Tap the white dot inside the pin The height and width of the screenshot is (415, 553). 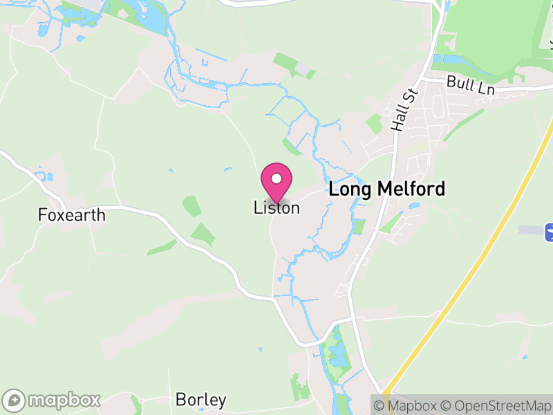tap(276, 178)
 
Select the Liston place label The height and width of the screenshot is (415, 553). tap(276, 207)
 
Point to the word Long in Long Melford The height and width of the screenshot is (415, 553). tap(348, 189)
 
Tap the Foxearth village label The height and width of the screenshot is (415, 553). tap(72, 215)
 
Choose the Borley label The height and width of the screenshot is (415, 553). tap(200, 400)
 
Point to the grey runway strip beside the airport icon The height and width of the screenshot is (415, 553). tap(531, 229)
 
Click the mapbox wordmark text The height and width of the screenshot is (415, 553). tap(65, 400)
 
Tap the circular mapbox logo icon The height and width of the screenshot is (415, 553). tap(15, 400)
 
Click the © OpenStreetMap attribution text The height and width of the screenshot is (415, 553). tap(496, 405)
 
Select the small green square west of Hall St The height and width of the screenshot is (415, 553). tap(374, 124)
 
